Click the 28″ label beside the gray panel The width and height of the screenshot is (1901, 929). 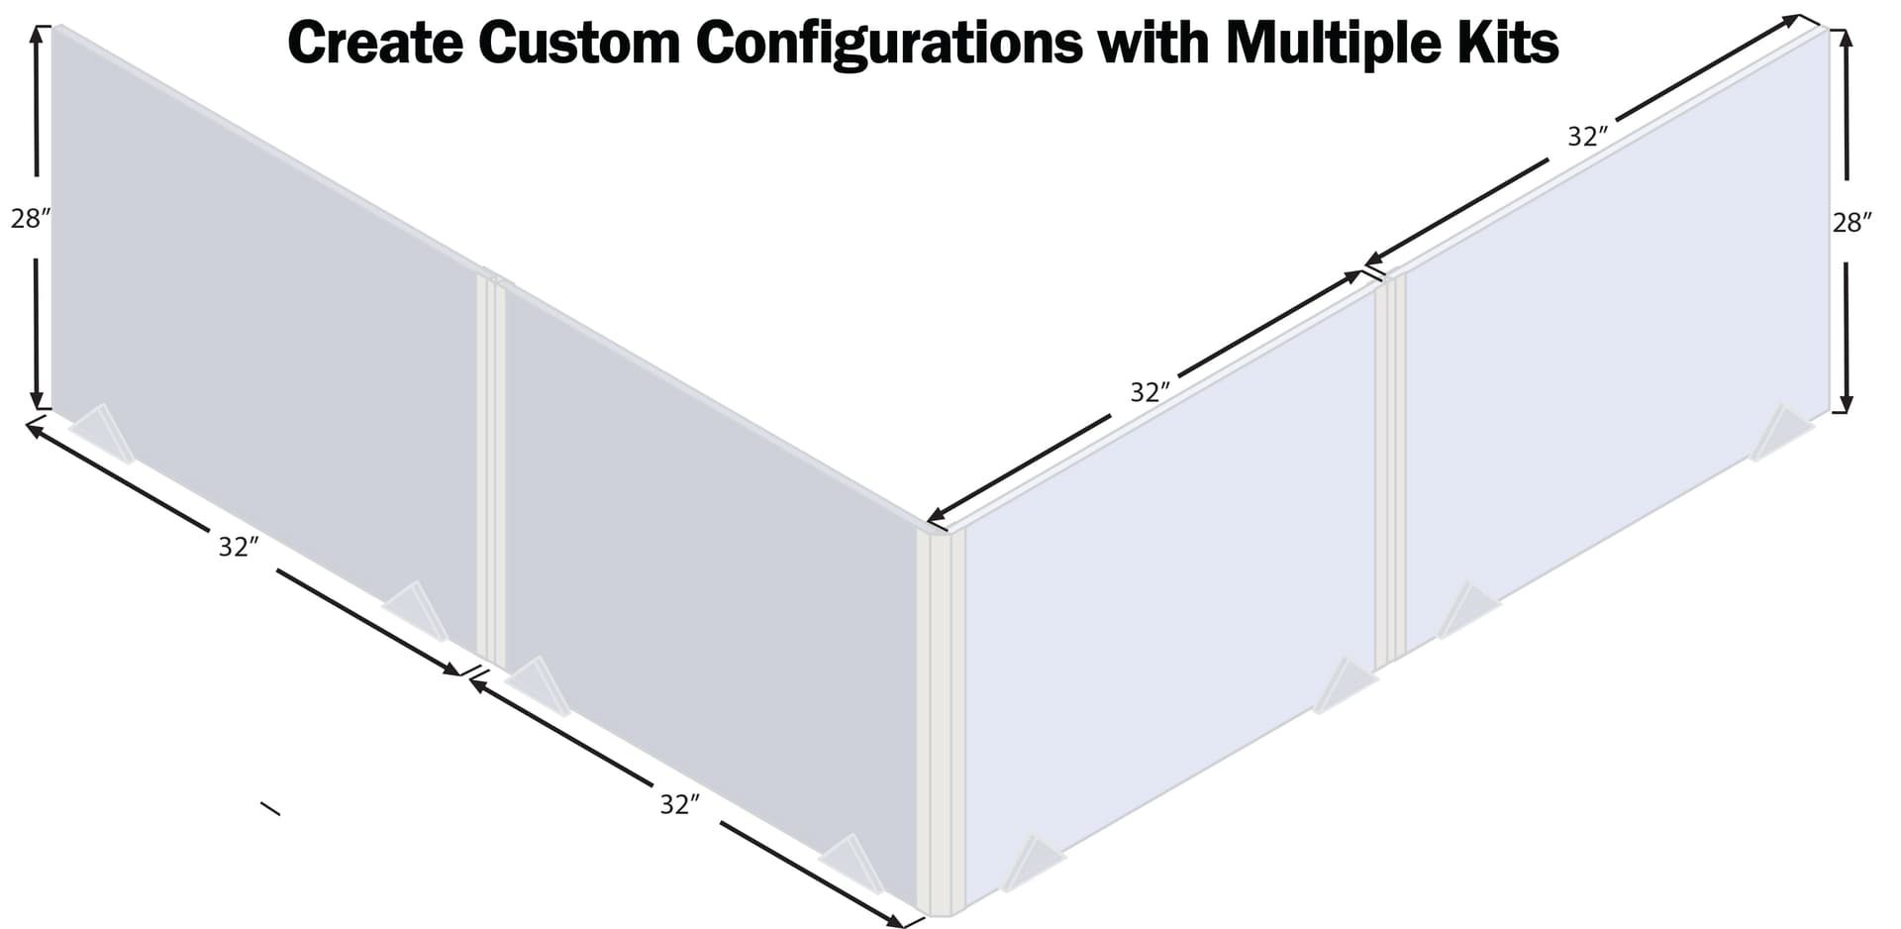[x=30, y=219]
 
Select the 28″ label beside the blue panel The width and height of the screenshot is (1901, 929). [x=1852, y=223]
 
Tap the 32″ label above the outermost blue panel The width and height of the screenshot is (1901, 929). [x=1587, y=137]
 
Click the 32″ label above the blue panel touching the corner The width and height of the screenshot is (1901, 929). [x=1151, y=392]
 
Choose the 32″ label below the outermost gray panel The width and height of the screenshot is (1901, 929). [x=239, y=547]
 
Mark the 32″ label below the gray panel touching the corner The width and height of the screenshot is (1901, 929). [x=680, y=805]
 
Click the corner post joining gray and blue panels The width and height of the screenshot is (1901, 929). [x=940, y=723]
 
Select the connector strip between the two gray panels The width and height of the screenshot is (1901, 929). [x=491, y=470]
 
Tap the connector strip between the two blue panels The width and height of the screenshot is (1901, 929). [x=1390, y=470]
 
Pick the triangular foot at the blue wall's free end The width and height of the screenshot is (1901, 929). [x=1780, y=433]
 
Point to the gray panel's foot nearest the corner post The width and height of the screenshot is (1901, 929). [x=852, y=864]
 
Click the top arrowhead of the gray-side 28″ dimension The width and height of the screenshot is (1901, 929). [x=37, y=36]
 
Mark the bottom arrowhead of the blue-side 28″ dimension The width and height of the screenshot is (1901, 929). [x=1845, y=402]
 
